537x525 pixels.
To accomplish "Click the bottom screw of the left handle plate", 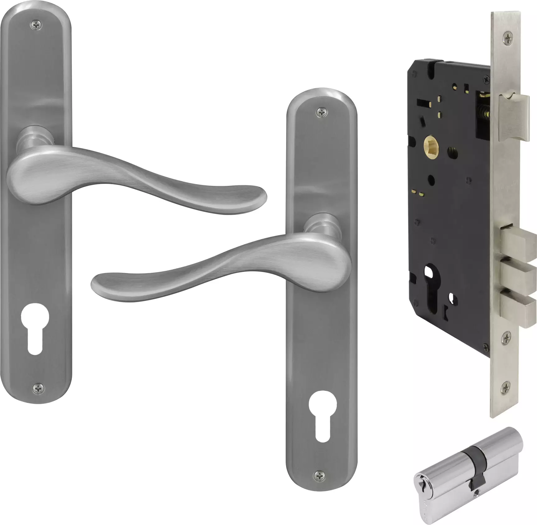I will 38,387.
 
